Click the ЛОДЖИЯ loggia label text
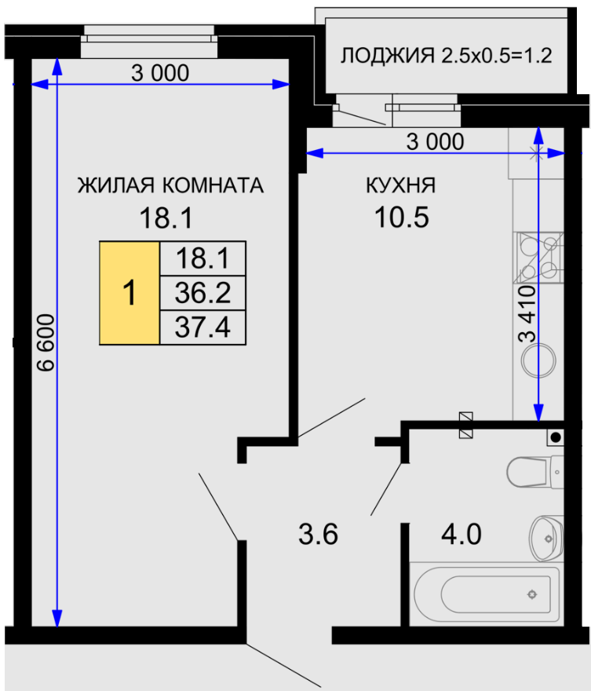[387, 56]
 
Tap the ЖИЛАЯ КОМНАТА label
[170, 185]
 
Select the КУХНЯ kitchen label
[401, 185]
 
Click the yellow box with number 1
[130, 293]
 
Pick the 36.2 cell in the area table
[202, 293]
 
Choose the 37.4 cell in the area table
[202, 327]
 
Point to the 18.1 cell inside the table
[202, 258]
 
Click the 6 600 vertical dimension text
[46, 342]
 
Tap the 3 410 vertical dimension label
[527, 314]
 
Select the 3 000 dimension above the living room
[160, 73]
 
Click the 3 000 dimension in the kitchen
[435, 142]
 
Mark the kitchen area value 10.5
[401, 218]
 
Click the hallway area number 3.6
[318, 534]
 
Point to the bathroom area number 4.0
[461, 534]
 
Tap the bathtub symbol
[484, 594]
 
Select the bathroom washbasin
[546, 539]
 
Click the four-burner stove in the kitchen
[538, 258]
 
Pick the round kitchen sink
[538, 360]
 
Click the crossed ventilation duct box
[466, 426]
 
